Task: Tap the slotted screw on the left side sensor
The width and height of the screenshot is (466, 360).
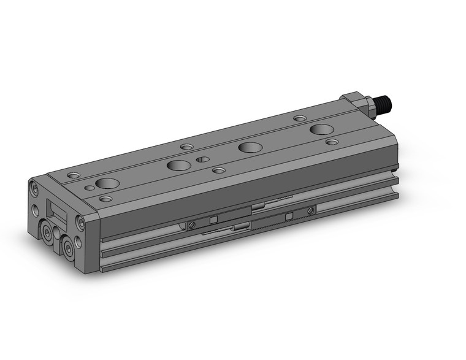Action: tap(193, 223)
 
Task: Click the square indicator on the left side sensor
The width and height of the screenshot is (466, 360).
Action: tap(213, 220)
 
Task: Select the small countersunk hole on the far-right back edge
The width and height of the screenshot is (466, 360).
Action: tap(300, 118)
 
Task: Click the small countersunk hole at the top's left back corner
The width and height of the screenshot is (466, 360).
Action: tap(74, 175)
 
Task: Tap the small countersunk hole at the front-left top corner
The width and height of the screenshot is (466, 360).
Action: tap(105, 199)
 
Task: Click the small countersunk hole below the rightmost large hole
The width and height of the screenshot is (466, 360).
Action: tap(332, 142)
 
